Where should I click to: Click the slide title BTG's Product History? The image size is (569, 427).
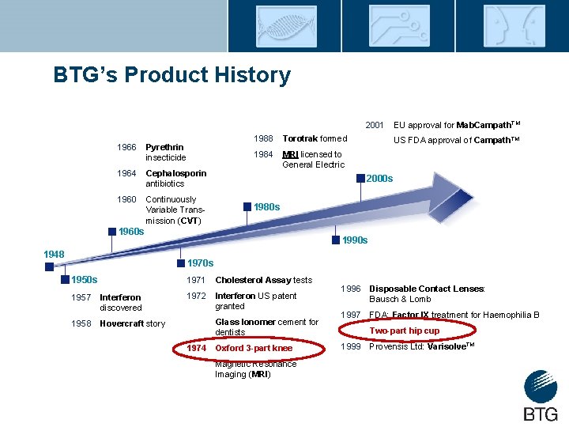[171, 75]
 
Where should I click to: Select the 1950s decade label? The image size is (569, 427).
[84, 279]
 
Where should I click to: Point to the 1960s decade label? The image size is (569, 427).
[130, 232]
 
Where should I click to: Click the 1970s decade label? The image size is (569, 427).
[200, 263]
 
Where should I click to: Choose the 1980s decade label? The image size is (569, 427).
[266, 206]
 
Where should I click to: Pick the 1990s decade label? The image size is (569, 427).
[354, 240]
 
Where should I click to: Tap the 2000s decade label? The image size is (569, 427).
[379, 178]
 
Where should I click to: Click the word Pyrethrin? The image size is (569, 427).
[164, 147]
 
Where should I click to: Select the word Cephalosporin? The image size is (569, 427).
[176, 173]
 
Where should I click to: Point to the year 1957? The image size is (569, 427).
[81, 297]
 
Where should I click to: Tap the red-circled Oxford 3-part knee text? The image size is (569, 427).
[254, 348]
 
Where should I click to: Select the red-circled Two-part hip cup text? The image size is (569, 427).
[405, 331]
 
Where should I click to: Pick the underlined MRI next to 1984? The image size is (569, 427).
[290, 154]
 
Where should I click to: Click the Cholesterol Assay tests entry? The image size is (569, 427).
[263, 280]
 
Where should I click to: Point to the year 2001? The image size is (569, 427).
[374, 125]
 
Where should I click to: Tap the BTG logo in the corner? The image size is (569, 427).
[540, 396]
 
